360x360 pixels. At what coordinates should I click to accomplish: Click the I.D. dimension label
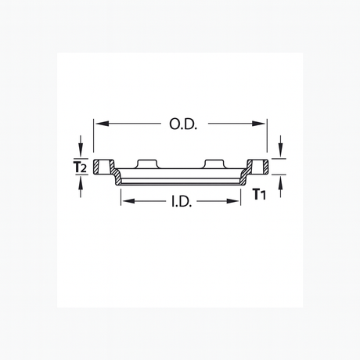pos(182,201)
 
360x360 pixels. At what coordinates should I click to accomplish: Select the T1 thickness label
pos(260,194)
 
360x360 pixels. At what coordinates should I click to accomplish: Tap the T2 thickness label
pos(79,167)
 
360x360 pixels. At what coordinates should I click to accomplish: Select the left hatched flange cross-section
pos(99,167)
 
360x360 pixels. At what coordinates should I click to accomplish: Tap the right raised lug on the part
pos(214,163)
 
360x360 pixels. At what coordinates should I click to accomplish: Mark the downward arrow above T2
pos(81,146)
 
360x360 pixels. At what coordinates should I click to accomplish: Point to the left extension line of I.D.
pos(120,194)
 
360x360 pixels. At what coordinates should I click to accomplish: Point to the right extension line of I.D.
pos(240,194)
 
